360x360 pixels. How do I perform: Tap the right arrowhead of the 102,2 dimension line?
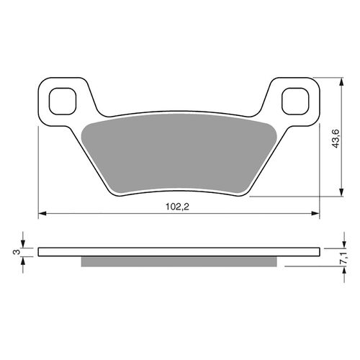tap(315, 213)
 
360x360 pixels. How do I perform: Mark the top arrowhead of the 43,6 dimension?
tap(339, 82)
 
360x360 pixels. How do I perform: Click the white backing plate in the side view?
tap(179, 252)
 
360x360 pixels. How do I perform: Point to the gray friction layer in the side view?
tap(179, 261)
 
